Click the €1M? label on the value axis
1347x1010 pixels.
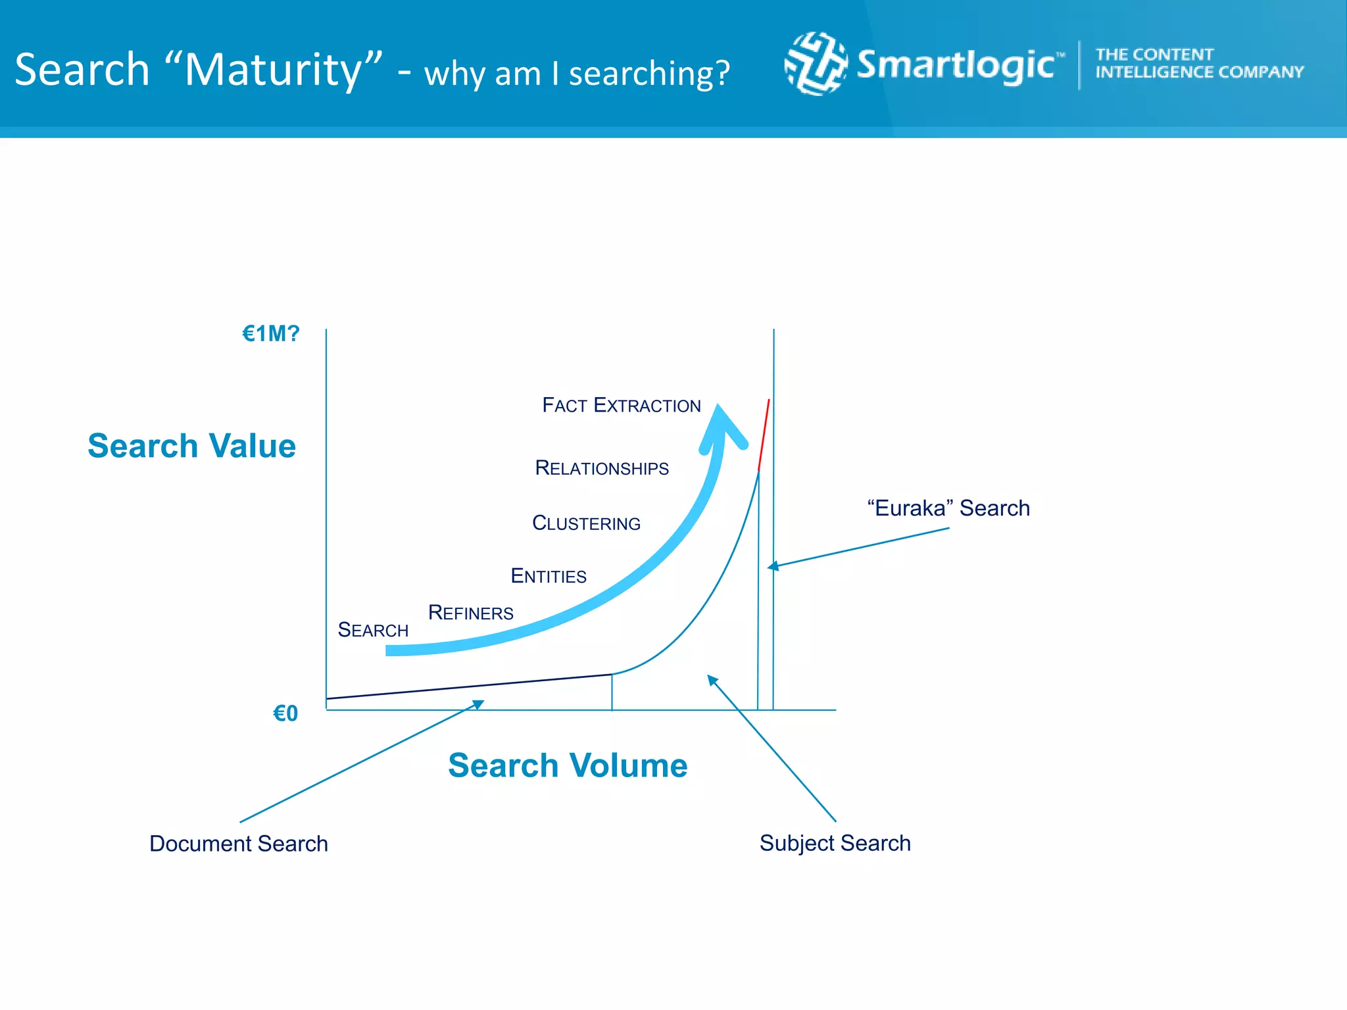(x=270, y=334)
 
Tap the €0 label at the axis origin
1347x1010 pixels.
(x=285, y=713)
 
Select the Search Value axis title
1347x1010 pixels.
(x=191, y=446)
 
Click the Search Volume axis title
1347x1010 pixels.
(x=568, y=765)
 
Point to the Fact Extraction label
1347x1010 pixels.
(x=621, y=405)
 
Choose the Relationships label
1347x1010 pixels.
(x=601, y=468)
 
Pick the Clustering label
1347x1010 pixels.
(x=585, y=523)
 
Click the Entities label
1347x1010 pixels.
(x=548, y=576)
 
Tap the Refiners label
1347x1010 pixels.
(x=470, y=613)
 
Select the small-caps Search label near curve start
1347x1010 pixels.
(x=373, y=630)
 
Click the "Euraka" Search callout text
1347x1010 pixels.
(x=948, y=508)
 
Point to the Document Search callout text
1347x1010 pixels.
(x=238, y=844)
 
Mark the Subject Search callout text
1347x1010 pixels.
(x=835, y=843)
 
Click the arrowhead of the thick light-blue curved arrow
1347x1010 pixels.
(x=722, y=424)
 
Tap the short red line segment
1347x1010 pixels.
(x=764, y=434)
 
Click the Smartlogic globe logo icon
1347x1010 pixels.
(x=816, y=64)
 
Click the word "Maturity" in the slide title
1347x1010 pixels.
(x=273, y=69)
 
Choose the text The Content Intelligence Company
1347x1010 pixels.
(x=1198, y=63)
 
